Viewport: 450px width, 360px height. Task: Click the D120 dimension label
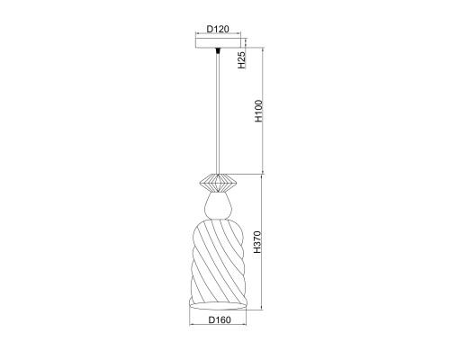pos(218,29)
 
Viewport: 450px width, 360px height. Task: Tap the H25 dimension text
pos(242,60)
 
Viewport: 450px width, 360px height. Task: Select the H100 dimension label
pos(258,111)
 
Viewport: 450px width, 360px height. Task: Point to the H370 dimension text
pos(257,242)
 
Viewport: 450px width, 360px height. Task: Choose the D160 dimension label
pos(220,320)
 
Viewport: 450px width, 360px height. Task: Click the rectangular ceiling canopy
pos(218,43)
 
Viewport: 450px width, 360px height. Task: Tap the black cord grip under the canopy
pos(218,51)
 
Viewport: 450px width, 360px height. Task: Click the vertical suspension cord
pos(218,114)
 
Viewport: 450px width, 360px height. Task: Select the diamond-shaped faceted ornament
pos(218,183)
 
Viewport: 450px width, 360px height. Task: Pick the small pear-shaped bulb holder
pos(218,206)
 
